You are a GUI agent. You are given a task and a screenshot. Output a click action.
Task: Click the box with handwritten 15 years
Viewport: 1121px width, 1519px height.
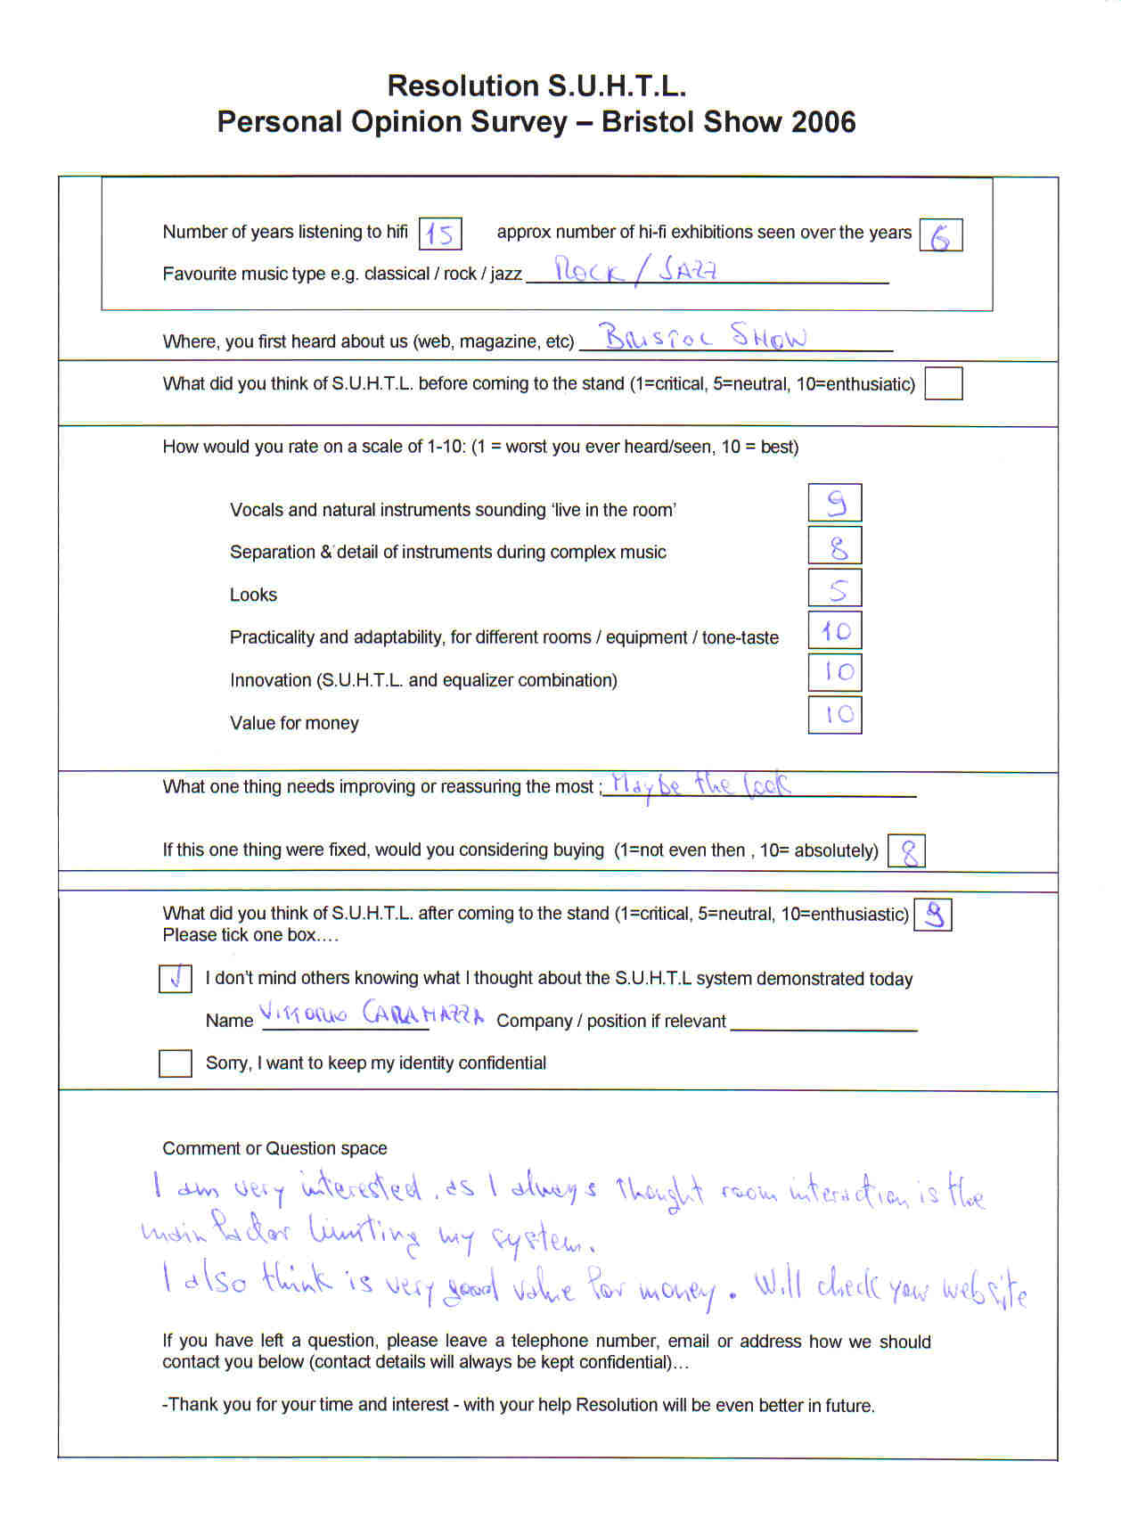coord(439,234)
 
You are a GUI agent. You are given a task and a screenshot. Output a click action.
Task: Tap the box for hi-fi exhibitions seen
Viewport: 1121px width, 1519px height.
coord(940,235)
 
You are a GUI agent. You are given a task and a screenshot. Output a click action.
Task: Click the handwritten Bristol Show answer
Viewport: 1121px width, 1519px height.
coord(705,337)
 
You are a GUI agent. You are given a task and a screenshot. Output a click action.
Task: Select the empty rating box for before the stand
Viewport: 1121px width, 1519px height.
coord(943,384)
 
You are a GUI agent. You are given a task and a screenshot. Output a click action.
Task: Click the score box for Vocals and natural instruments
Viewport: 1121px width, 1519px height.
coord(834,504)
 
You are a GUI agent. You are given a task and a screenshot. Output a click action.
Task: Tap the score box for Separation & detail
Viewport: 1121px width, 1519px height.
coord(834,546)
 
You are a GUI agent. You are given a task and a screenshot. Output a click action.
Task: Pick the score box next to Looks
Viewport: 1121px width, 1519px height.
coord(834,588)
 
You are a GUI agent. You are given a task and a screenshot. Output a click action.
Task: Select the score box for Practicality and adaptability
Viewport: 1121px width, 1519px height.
coord(834,631)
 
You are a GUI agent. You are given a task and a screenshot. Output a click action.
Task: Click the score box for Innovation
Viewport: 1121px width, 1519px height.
coord(834,672)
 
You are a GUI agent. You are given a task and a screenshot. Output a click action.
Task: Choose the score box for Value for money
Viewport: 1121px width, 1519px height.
coord(834,715)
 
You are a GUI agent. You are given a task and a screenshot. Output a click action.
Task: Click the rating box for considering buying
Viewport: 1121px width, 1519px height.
coord(907,851)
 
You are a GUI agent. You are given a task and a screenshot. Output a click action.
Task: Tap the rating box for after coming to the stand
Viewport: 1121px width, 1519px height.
coord(933,915)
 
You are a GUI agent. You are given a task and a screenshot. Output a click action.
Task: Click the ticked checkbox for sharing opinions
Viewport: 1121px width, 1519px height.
coord(176,979)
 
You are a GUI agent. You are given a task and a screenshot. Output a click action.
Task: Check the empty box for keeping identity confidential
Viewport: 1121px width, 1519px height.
coord(176,1063)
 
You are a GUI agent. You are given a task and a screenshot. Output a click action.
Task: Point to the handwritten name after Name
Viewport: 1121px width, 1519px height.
coord(372,1015)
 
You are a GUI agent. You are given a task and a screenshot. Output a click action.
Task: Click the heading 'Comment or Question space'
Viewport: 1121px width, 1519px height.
coord(274,1148)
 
